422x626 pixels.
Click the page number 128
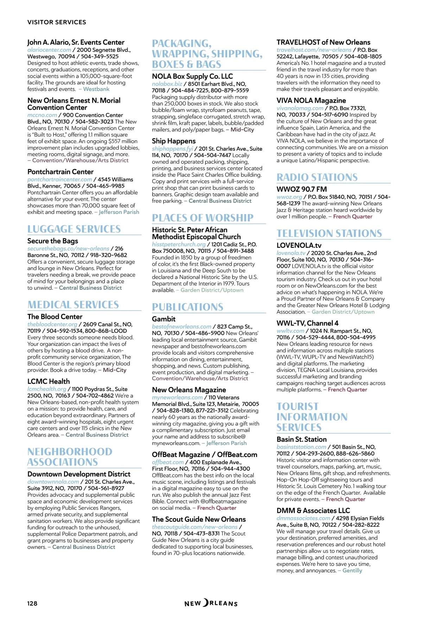click(32, 603)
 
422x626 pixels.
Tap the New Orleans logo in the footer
click(211, 603)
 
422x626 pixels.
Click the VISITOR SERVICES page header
click(57, 22)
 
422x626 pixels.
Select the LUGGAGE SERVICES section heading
click(74, 229)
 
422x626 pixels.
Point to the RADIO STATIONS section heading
click(317, 177)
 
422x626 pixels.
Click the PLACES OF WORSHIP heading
click(203, 218)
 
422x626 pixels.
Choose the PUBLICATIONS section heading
click(187, 307)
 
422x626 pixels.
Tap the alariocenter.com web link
click(49, 50)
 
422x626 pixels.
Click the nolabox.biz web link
click(167, 84)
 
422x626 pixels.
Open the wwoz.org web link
click(289, 197)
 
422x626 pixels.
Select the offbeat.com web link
click(168, 462)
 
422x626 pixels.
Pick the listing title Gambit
click(164, 319)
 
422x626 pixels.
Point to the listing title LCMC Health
click(49, 381)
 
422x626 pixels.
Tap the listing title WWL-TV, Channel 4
click(307, 323)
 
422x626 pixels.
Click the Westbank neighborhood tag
click(96, 89)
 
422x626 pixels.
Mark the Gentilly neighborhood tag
click(352, 570)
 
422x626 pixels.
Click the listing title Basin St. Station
click(301, 439)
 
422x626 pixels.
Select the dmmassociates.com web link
click(303, 518)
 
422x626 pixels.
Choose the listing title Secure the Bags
click(53, 241)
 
